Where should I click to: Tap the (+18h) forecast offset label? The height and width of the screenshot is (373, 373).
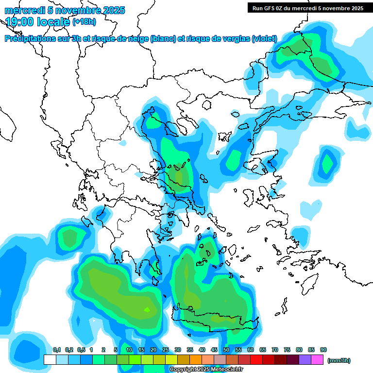click(84, 21)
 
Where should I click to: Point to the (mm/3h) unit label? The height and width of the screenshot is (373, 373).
click(339, 360)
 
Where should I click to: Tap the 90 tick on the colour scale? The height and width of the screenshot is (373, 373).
click(323, 350)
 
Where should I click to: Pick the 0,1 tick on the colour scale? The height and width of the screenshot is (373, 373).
click(57, 350)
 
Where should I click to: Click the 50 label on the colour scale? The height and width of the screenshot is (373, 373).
click(226, 350)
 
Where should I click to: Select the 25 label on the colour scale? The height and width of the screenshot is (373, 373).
click(166, 350)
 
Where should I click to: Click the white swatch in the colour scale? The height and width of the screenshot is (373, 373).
click(50, 360)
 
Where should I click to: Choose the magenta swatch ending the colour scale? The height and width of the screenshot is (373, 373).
click(317, 360)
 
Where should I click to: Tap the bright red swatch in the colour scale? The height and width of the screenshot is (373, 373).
click(256, 360)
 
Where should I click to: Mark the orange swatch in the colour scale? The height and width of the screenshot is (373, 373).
click(196, 360)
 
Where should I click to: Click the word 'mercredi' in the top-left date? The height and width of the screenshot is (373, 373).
click(24, 10)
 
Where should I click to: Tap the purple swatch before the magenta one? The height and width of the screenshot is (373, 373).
click(305, 360)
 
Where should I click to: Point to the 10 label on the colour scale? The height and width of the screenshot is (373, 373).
click(129, 350)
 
